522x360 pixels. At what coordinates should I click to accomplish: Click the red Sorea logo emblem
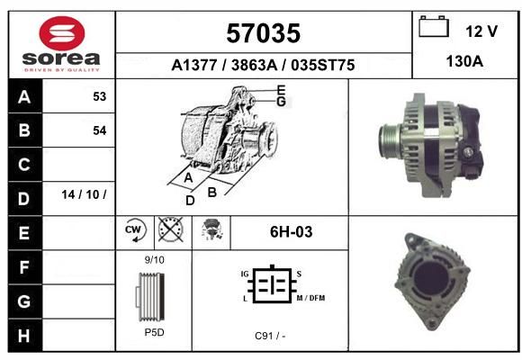point(62,33)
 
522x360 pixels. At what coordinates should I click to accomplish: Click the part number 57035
point(264,33)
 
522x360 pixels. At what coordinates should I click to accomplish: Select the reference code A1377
point(194,65)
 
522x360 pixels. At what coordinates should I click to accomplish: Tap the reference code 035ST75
point(322,65)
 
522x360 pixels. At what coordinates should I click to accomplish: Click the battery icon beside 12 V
point(434,27)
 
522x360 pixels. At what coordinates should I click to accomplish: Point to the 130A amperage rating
point(464,61)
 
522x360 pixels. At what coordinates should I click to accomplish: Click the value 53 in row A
point(100,96)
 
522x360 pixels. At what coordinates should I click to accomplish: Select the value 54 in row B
point(100,130)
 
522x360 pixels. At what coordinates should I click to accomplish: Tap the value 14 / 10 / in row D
point(84,194)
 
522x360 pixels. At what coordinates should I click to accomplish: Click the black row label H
point(25,335)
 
